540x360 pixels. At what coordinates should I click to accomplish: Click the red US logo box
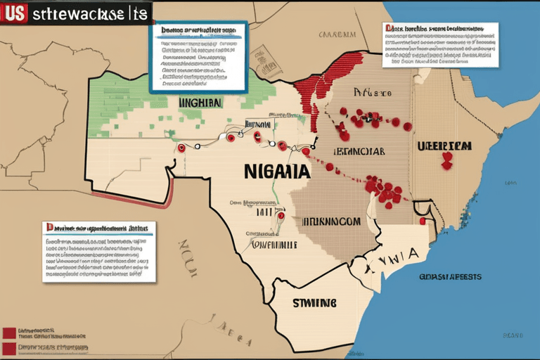(x=15, y=12)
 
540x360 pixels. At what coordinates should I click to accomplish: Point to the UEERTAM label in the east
(x=443, y=146)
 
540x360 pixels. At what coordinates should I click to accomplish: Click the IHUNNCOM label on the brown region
(x=331, y=221)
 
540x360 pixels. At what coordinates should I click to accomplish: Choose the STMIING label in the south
(x=314, y=302)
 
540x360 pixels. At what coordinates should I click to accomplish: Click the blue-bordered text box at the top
(x=198, y=56)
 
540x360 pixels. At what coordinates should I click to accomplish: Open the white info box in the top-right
(x=440, y=45)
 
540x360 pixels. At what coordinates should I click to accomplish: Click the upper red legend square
(x=8, y=332)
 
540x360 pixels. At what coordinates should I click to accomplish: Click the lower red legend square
(x=8, y=348)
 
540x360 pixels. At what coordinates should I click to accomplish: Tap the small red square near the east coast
(x=423, y=221)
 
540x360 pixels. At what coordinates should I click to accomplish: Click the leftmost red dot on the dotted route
(x=182, y=148)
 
